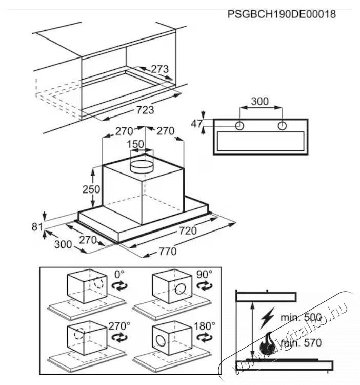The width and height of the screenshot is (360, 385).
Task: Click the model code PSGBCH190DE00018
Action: pyautogui.click(x=282, y=14)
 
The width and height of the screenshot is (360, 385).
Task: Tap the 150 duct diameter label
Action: pyautogui.click(x=135, y=144)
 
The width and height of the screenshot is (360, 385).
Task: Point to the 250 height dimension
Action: pyautogui.click(x=91, y=188)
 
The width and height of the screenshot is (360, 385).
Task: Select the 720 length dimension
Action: pyautogui.click(x=187, y=230)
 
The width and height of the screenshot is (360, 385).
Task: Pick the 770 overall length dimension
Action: pyautogui.click(x=167, y=252)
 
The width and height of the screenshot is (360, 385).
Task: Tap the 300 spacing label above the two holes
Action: pyautogui.click(x=260, y=101)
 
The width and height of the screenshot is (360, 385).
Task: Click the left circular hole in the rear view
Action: pyautogui.click(x=239, y=126)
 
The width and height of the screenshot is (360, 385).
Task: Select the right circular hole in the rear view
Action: pyautogui.click(x=282, y=126)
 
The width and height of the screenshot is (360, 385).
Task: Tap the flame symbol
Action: pyautogui.click(x=268, y=343)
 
